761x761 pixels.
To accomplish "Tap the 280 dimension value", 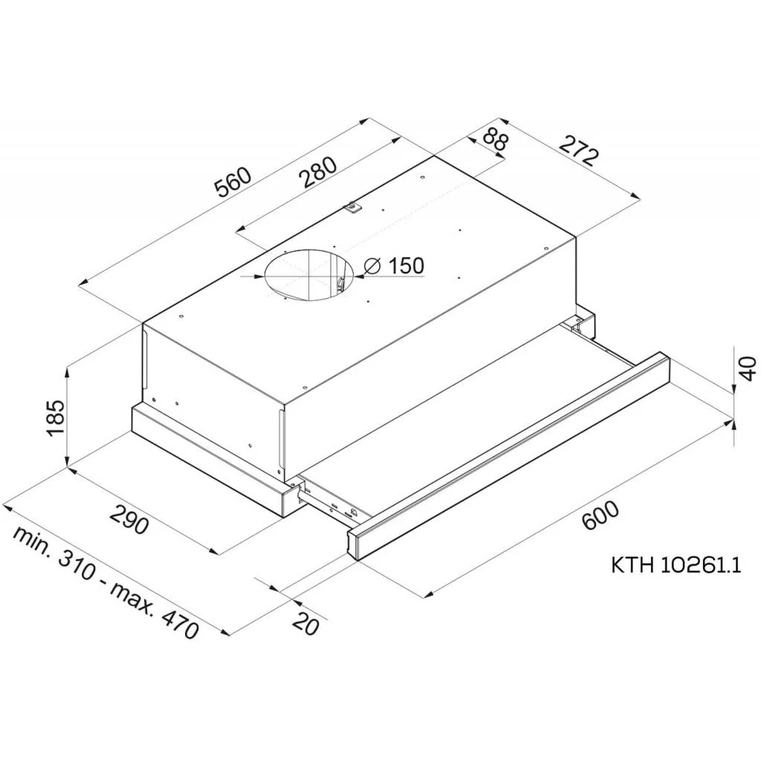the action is [x=317, y=172].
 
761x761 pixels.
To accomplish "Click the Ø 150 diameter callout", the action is [x=394, y=266].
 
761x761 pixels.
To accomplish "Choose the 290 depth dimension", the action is [x=129, y=518].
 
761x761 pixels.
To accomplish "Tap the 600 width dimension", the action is [x=600, y=516].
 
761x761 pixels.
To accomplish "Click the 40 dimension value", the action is [x=748, y=369].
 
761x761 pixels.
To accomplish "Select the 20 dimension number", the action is [x=306, y=624].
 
